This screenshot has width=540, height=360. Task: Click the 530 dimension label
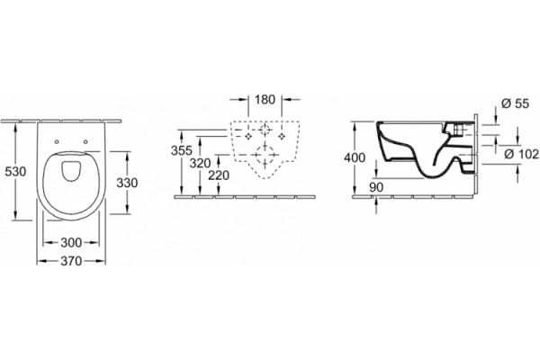(x=15, y=171)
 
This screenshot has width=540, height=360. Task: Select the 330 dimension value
(x=127, y=183)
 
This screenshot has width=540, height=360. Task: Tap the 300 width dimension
(x=71, y=242)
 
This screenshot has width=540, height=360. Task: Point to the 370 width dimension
(x=71, y=261)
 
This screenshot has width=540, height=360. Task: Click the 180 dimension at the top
(x=265, y=100)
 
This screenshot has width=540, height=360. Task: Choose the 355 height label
(x=182, y=150)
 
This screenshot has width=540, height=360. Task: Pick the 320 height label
(x=200, y=163)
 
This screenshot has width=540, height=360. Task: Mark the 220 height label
(x=219, y=175)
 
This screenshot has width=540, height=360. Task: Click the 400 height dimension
(x=355, y=157)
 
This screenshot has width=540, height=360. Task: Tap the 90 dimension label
(x=376, y=187)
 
